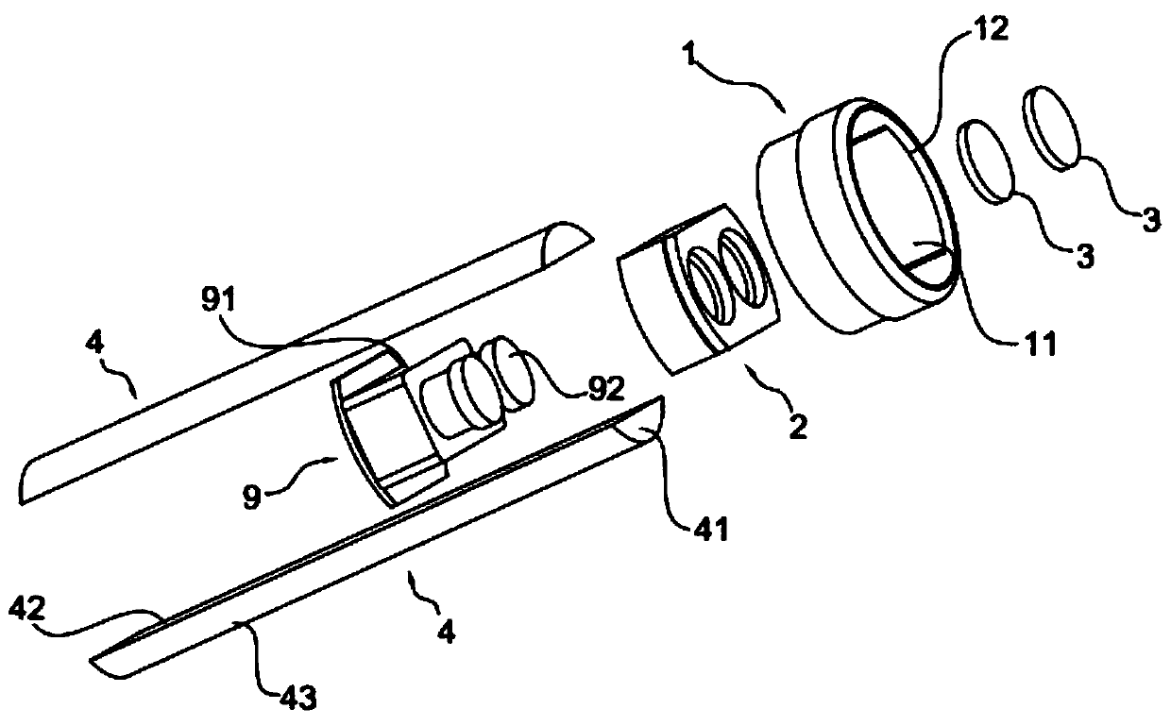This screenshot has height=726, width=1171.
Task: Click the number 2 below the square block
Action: coord(799,428)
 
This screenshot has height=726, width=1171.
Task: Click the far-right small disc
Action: coord(1052,127)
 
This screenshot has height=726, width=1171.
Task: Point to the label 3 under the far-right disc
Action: coord(1147,220)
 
